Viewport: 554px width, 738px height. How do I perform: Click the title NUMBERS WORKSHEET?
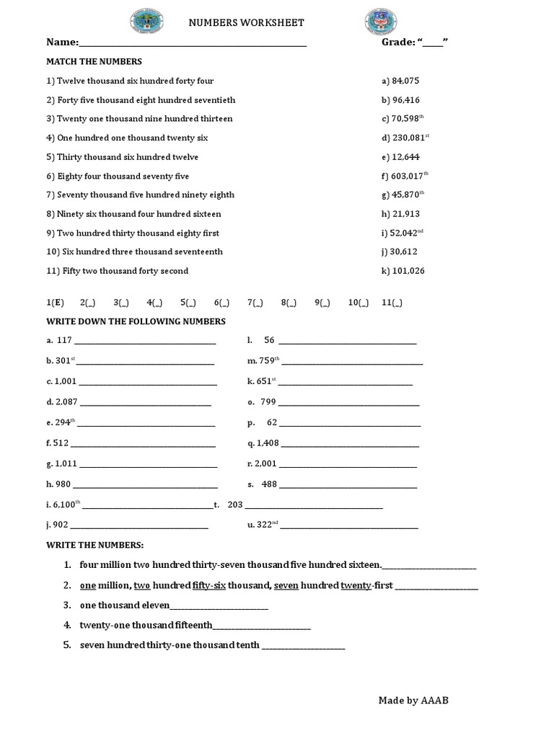246,23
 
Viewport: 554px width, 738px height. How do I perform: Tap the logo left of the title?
147,22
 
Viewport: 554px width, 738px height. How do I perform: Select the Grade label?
398,43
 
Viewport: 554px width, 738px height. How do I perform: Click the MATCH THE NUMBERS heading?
94,62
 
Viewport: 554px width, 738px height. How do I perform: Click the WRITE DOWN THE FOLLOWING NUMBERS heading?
136,321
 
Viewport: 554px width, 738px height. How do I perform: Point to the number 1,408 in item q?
268,443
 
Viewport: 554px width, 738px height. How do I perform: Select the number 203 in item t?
235,505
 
